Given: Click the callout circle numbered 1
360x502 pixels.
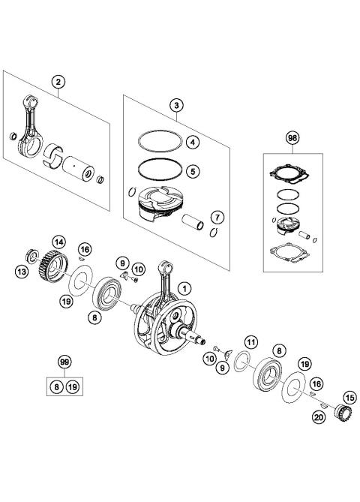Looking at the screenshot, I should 186,286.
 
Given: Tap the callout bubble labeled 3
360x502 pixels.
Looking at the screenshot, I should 175,106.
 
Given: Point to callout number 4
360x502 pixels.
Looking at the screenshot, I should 193,141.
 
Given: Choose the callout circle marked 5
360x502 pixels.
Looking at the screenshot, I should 193,171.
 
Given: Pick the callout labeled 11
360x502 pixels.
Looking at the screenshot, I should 252,344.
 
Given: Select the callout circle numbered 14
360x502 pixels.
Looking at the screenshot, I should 58,241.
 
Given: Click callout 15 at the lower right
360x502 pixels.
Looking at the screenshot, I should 349,397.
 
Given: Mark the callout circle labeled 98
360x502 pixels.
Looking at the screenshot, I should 292,138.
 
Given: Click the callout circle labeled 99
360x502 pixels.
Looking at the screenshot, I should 65,362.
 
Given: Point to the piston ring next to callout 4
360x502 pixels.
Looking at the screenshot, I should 160,140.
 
